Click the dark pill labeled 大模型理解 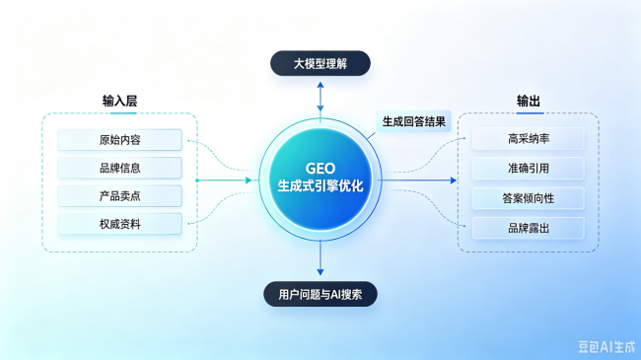(320, 63)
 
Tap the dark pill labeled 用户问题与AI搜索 (320, 294)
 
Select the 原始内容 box (119, 140)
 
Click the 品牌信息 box (119, 168)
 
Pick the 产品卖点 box (119, 196)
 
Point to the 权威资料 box (119, 224)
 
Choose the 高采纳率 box (529, 139)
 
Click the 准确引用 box (529, 168)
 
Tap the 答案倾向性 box (529, 198)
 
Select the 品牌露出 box (529, 228)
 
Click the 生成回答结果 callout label (414, 121)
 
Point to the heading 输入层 (119, 101)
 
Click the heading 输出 (529, 101)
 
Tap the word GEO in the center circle (320, 168)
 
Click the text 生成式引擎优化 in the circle (320, 185)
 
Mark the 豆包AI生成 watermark (606, 347)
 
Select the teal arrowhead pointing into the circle (249, 180)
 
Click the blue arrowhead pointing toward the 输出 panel (454, 180)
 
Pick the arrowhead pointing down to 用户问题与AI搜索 (320, 272)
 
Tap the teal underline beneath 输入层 (123, 112)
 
